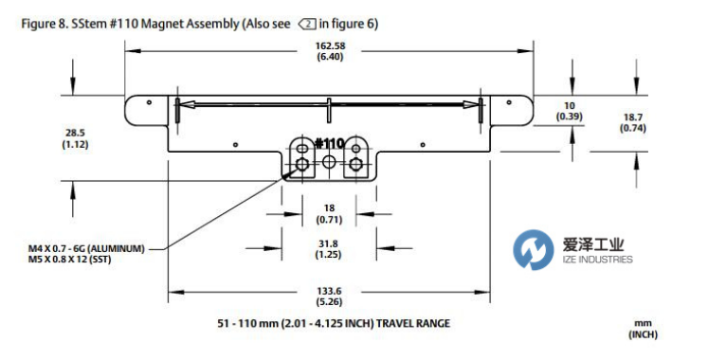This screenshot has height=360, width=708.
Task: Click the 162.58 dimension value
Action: pyautogui.click(x=330, y=46)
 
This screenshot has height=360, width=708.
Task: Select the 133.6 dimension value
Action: pyautogui.click(x=329, y=292)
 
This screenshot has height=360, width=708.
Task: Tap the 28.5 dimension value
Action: pyautogui.click(x=75, y=133)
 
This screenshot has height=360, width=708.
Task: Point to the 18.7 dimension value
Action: pyautogui.click(x=632, y=117)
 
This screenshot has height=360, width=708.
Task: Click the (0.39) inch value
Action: pyautogui.click(x=569, y=117)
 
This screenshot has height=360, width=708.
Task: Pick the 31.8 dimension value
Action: pyautogui.click(x=328, y=244)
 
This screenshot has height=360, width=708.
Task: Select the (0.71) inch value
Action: pyautogui.click(x=329, y=220)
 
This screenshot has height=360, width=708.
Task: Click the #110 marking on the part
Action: pyautogui.click(x=330, y=144)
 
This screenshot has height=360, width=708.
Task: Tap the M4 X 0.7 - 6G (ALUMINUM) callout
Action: pyautogui.click(x=86, y=249)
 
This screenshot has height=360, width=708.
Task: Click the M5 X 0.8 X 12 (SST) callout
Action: pyautogui.click(x=69, y=260)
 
